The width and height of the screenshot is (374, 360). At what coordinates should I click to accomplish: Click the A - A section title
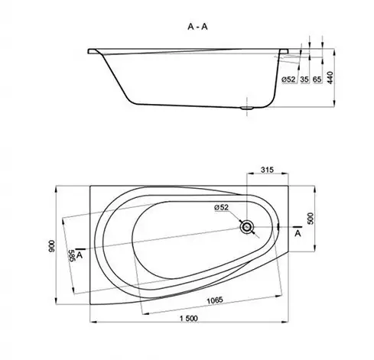(x=197, y=27)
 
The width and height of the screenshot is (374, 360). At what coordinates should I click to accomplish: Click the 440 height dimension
(x=330, y=78)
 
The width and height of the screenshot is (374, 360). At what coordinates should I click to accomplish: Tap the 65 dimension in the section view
(x=317, y=79)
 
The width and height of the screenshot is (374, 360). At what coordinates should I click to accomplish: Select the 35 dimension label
(x=304, y=79)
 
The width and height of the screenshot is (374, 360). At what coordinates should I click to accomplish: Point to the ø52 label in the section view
(x=288, y=79)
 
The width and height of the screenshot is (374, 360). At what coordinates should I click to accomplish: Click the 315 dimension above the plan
(x=267, y=170)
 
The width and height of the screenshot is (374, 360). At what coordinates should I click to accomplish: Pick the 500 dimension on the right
(x=311, y=219)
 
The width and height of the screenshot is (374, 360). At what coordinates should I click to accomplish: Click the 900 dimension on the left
(x=51, y=246)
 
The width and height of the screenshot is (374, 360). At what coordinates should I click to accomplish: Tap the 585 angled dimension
(x=71, y=255)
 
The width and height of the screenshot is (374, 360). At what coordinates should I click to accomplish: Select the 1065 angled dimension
(x=215, y=300)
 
